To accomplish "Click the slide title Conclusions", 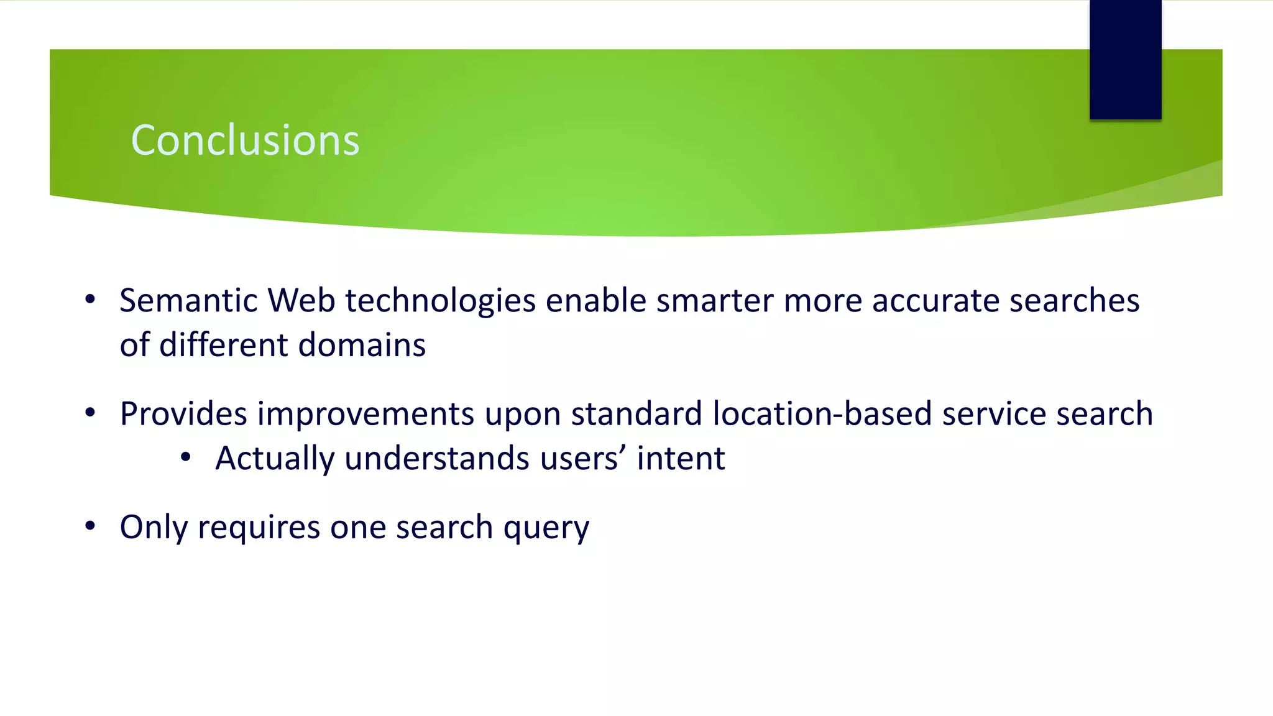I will [245, 140].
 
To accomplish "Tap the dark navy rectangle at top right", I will [1125, 60].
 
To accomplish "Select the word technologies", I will [440, 301].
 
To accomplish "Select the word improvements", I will [365, 414].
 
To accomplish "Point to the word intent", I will [681, 459].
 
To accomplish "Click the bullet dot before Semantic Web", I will [90, 300].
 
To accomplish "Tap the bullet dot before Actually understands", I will [185, 458].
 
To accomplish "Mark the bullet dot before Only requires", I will [90, 526].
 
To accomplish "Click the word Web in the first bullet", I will [301, 301].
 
